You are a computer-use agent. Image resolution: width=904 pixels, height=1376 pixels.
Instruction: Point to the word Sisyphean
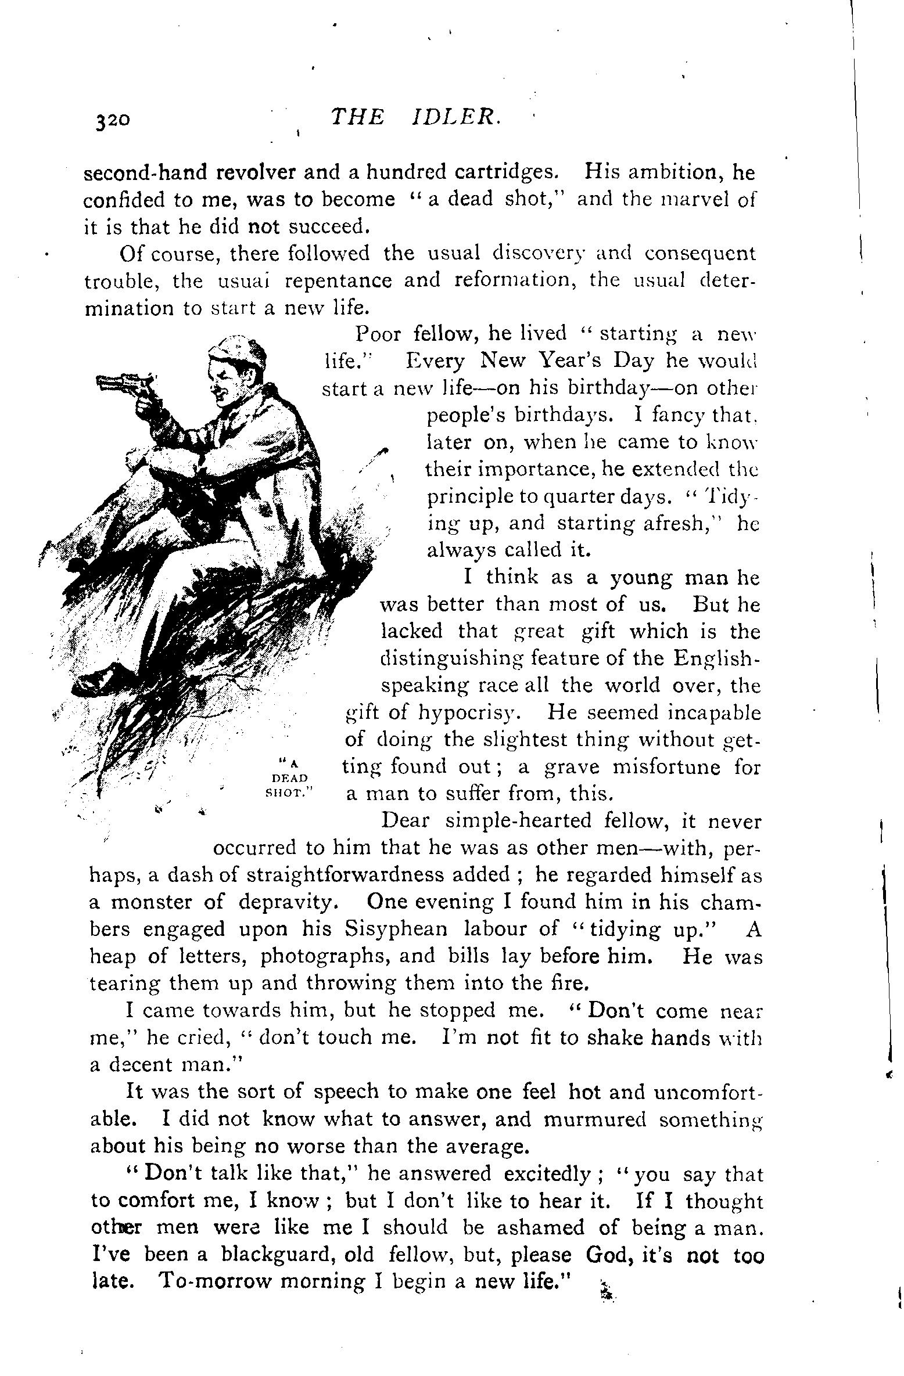click(396, 929)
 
